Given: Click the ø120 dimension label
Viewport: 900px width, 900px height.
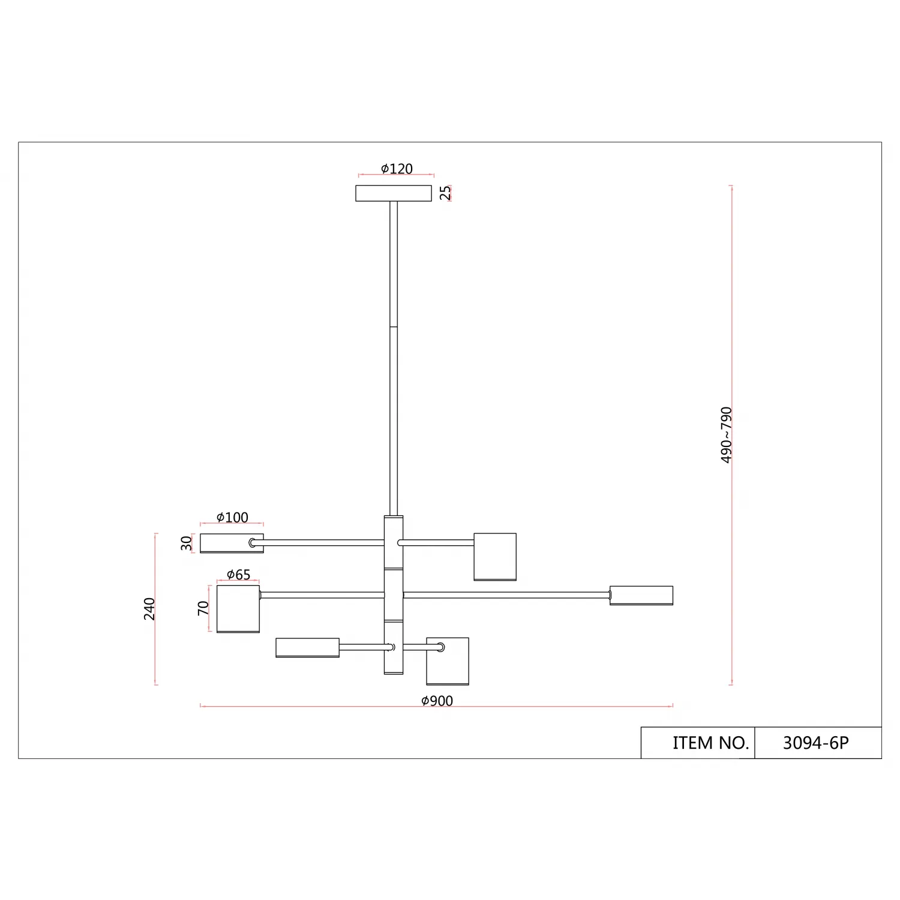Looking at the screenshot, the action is click(x=397, y=169).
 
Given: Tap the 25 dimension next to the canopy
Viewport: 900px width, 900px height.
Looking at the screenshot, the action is click(x=445, y=193).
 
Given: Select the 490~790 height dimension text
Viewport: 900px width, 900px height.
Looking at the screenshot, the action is click(x=727, y=435).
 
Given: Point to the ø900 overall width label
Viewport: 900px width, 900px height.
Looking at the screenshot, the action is click(x=437, y=701).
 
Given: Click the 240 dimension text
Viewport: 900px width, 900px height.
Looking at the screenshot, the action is click(x=149, y=609).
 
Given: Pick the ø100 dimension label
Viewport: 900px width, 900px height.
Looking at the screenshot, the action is click(x=232, y=517).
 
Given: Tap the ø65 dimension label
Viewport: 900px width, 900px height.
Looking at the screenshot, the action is click(x=238, y=575).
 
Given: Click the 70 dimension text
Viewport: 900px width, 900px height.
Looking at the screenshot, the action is click(x=204, y=608).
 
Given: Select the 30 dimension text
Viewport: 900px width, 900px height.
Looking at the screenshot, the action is click(x=187, y=543).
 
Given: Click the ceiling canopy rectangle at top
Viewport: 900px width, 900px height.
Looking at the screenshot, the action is click(x=394, y=193).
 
